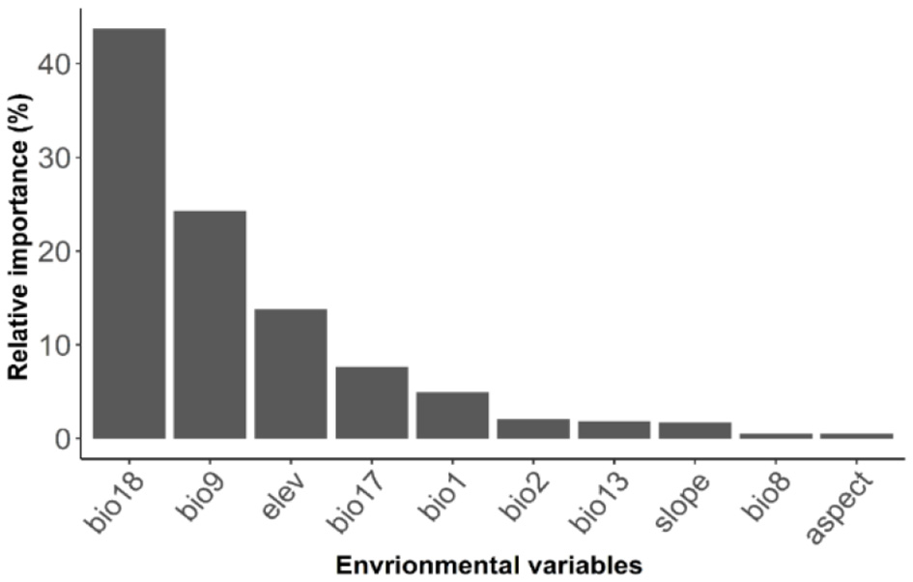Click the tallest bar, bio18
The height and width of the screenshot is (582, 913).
(x=128, y=233)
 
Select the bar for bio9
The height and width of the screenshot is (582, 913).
(x=210, y=324)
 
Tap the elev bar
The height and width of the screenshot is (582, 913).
(x=291, y=373)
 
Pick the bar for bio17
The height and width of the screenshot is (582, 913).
(x=372, y=402)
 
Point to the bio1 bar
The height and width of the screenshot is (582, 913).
(x=452, y=415)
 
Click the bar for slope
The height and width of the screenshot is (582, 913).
(x=695, y=430)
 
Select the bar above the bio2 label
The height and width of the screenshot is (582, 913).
(x=533, y=428)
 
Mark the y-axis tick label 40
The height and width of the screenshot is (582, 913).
(x=55, y=64)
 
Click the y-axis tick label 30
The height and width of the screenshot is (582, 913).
(x=55, y=158)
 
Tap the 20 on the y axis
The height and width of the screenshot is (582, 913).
(x=55, y=251)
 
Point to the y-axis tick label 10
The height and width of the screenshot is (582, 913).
(x=55, y=345)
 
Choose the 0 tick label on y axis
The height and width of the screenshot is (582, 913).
(x=64, y=439)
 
